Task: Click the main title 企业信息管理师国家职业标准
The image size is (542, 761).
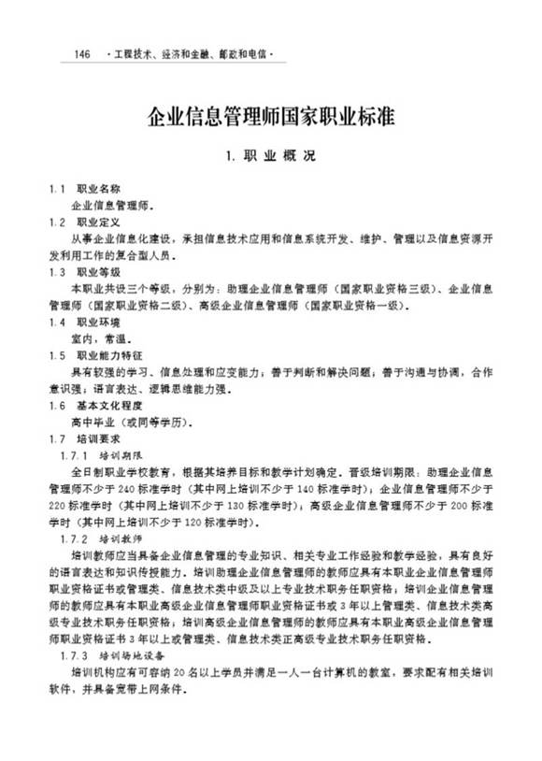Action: [270, 117]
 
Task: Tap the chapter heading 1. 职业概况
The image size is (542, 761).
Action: [271, 156]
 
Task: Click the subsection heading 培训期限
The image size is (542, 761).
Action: [121, 455]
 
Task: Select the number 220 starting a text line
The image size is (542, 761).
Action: [58, 506]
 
